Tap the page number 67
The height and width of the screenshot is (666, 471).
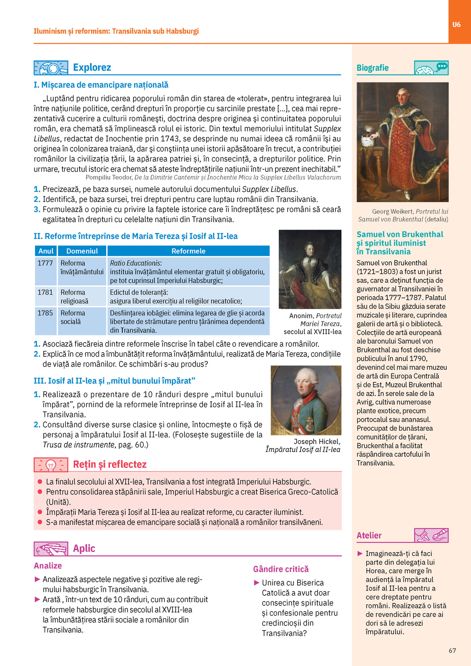pos(452,650)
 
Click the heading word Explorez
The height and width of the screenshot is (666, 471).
pos(92,68)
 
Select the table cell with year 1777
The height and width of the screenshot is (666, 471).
pos(45,263)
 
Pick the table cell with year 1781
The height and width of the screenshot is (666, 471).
pos(45,292)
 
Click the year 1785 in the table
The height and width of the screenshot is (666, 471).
pos(45,313)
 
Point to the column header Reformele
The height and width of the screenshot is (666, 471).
pos(188,251)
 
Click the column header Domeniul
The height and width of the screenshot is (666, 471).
pos(82,251)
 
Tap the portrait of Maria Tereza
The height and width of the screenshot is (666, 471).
pos(310,269)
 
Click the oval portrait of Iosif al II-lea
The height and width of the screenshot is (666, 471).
pos(306,400)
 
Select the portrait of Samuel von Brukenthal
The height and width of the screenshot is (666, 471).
pos(402,142)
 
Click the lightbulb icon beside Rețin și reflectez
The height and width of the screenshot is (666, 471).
pos(51,465)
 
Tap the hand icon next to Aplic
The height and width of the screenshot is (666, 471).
pos(51,549)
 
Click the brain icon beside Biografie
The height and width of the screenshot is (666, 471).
pos(431,68)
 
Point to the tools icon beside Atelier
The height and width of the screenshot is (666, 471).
pos(431,535)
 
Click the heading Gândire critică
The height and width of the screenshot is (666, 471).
pos(281,569)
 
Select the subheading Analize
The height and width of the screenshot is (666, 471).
pos(48,566)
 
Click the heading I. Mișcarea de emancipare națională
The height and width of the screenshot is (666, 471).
pos(101,85)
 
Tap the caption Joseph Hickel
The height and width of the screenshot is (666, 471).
pos(317,442)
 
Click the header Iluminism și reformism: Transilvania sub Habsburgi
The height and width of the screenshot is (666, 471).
pos(116,31)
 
